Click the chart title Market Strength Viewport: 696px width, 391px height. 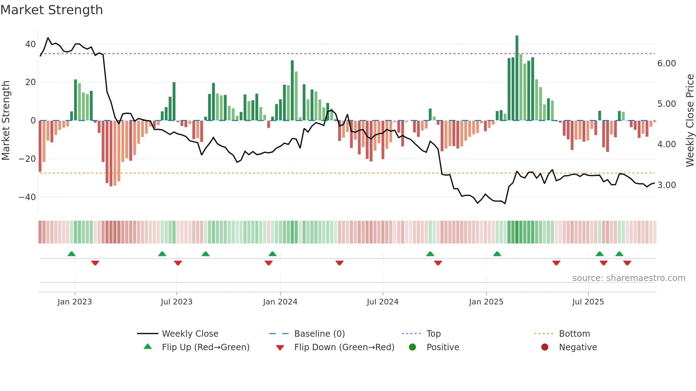pos(52,10)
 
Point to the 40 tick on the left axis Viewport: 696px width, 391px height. pos(31,44)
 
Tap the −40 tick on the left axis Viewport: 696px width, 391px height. pos(27,197)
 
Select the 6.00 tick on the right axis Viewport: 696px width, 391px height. pos(667,64)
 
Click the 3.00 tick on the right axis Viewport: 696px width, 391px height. pos(667,185)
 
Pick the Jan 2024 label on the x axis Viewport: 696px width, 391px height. pos(280,302)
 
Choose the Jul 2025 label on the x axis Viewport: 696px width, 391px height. pos(588,302)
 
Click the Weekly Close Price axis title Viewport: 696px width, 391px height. pos(690,121)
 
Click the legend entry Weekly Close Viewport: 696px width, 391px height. pos(190,334)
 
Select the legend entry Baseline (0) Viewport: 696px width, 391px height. pos(319,334)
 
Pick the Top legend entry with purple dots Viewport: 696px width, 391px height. pos(433,334)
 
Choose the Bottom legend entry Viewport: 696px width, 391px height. pos(574,334)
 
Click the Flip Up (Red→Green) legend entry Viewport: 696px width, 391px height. pos(206,347)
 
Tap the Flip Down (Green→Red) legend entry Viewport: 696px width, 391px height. pos(344,347)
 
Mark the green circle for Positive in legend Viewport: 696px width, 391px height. pos(412,347)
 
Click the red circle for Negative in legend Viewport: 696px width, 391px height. pos(545,347)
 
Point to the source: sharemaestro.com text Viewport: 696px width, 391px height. pos(629,278)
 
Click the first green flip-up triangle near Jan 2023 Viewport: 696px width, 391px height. pos(71,254)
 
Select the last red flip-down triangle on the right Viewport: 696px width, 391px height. pos(627,263)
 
